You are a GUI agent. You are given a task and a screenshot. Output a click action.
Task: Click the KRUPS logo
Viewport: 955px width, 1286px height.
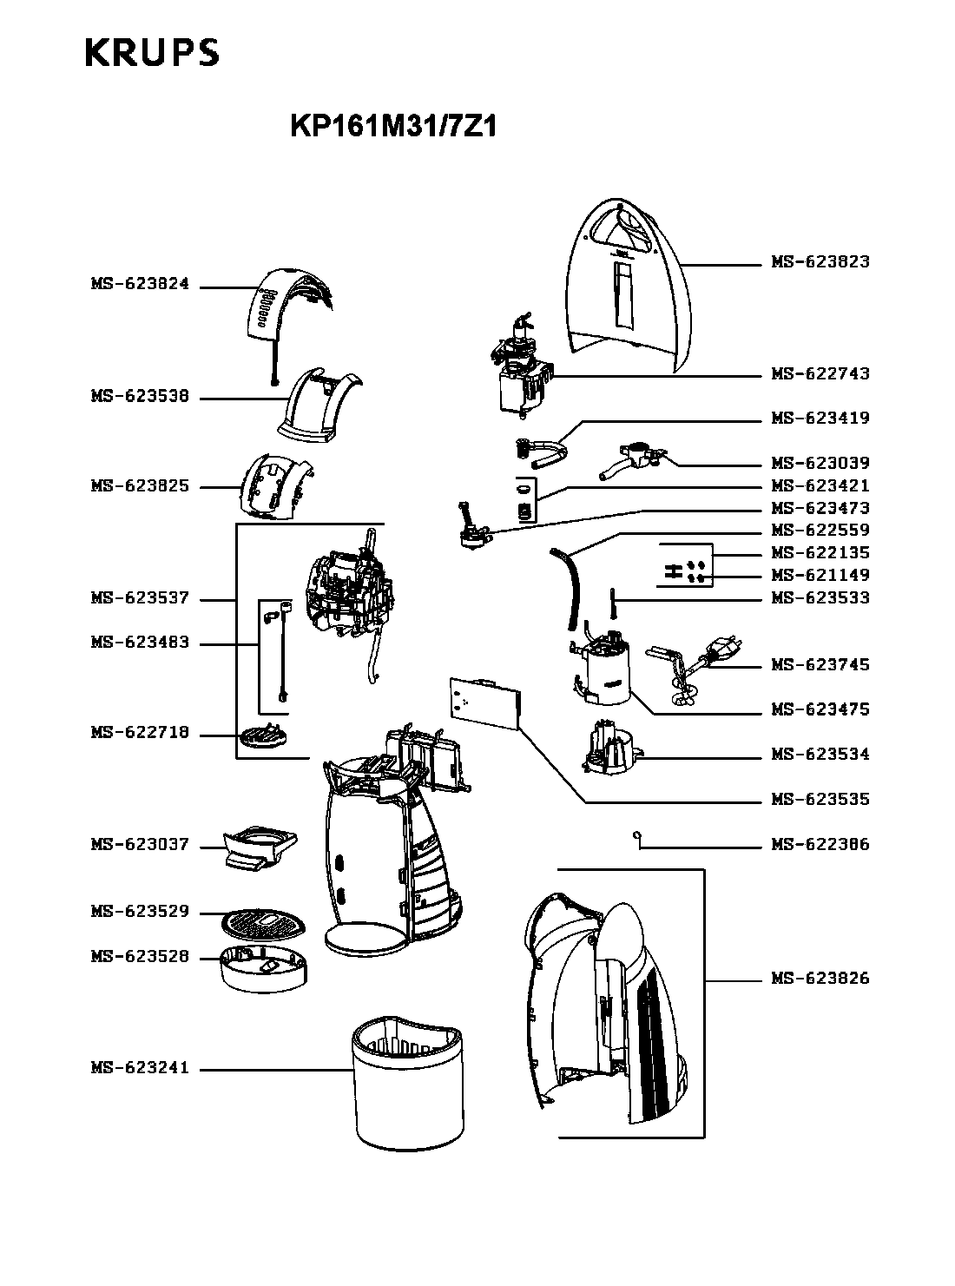[x=152, y=52]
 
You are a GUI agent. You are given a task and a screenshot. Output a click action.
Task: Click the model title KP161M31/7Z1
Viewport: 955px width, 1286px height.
[x=393, y=126]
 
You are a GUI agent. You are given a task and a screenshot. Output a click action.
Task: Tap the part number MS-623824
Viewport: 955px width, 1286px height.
[x=141, y=284]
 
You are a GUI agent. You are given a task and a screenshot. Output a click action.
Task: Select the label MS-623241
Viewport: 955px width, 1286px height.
[x=141, y=1067]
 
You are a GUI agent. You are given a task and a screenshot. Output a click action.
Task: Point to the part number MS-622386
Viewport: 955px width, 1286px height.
[x=820, y=844]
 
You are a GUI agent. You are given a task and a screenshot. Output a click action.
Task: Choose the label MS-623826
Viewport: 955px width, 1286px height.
[x=820, y=978]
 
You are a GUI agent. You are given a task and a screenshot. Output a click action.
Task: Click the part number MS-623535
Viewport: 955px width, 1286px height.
[x=820, y=799]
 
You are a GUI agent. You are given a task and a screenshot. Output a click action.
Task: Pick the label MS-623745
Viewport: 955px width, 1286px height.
[x=820, y=664]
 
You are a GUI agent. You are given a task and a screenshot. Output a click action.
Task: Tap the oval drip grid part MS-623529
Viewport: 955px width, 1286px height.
[x=263, y=921]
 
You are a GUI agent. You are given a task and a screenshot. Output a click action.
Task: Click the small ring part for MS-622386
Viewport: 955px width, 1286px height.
[x=636, y=835]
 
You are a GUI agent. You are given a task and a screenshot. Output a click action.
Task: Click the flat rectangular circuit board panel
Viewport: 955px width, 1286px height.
[x=485, y=702]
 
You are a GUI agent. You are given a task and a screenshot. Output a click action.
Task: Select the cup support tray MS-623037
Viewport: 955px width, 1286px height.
[x=260, y=847]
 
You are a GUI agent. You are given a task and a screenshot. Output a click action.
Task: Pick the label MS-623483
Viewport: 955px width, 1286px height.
[x=141, y=642]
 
